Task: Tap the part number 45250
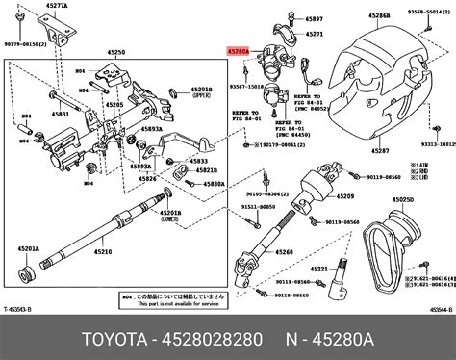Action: [x=117, y=51]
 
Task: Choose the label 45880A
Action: [x=214, y=183]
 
